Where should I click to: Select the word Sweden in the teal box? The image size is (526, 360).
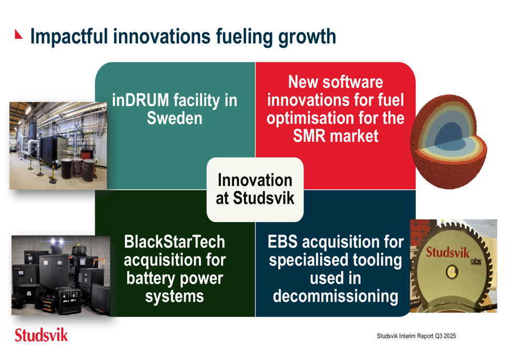pos(175,118)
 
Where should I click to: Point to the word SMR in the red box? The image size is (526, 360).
pos(309,136)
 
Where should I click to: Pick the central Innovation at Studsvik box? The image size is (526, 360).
pos(255,189)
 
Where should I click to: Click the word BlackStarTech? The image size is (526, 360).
pos(175,242)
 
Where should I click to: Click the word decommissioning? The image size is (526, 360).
pos(336,296)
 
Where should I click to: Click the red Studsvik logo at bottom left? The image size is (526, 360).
pos(41,335)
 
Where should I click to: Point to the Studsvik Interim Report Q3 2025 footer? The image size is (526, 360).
pos(416,336)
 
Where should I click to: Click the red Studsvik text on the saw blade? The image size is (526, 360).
pos(448,252)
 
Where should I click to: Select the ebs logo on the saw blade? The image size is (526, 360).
pos(476,261)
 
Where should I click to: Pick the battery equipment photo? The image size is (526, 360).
pos(60,275)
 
